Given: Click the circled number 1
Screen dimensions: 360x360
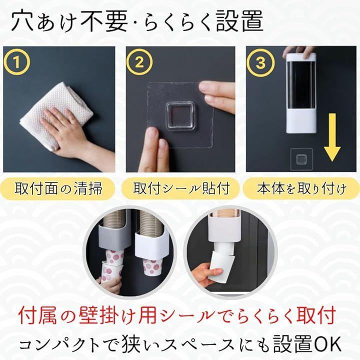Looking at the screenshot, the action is click(17, 62).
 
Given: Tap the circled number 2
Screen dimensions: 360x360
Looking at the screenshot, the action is click(139, 62).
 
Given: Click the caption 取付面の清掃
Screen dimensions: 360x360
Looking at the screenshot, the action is click(58, 188).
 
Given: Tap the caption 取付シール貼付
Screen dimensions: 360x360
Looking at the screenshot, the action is click(181, 188).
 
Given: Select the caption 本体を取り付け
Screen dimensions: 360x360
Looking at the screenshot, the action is click(301, 188).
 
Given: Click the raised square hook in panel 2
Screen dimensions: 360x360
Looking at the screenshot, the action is click(180, 116).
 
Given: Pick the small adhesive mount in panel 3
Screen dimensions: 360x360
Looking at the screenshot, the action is click(301, 159).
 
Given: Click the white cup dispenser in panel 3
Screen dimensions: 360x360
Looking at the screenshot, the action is click(301, 93).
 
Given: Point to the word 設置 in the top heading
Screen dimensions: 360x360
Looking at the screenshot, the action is click(239, 21).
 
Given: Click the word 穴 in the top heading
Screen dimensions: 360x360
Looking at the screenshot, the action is click(22, 21).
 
